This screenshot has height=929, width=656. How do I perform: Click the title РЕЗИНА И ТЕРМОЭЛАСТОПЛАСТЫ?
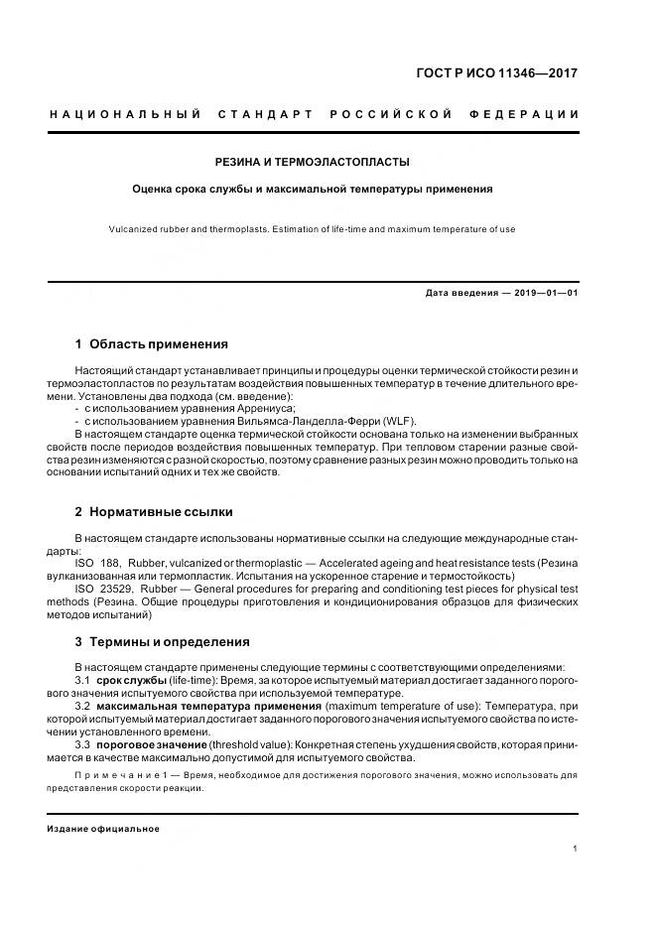(x=313, y=161)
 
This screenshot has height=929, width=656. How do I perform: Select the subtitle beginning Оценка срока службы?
(x=313, y=188)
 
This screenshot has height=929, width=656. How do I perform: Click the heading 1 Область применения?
(x=151, y=344)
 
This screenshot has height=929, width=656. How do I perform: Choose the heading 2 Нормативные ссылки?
(x=154, y=512)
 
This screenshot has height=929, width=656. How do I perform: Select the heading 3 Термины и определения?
(x=162, y=642)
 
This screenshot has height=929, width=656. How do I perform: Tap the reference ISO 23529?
(x=115, y=589)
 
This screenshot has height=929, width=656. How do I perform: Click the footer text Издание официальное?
(x=103, y=829)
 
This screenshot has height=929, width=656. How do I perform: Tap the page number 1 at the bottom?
(x=576, y=849)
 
